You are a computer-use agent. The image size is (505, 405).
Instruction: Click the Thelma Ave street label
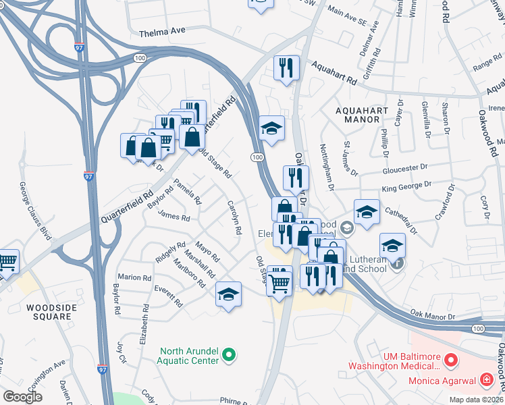click(162, 33)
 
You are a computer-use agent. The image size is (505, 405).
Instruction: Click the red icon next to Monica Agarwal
click(485, 381)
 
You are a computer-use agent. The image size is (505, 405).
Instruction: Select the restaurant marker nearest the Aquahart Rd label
click(286, 67)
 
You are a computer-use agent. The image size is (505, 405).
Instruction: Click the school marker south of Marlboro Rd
click(229, 294)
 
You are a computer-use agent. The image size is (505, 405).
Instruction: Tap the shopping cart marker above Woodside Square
click(7, 261)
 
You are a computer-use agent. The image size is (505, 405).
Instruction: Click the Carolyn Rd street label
click(234, 217)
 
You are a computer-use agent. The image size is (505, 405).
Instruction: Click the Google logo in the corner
click(23, 397)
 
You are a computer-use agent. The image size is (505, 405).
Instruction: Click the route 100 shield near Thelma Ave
click(140, 59)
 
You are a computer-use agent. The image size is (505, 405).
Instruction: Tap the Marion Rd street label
click(134, 277)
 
